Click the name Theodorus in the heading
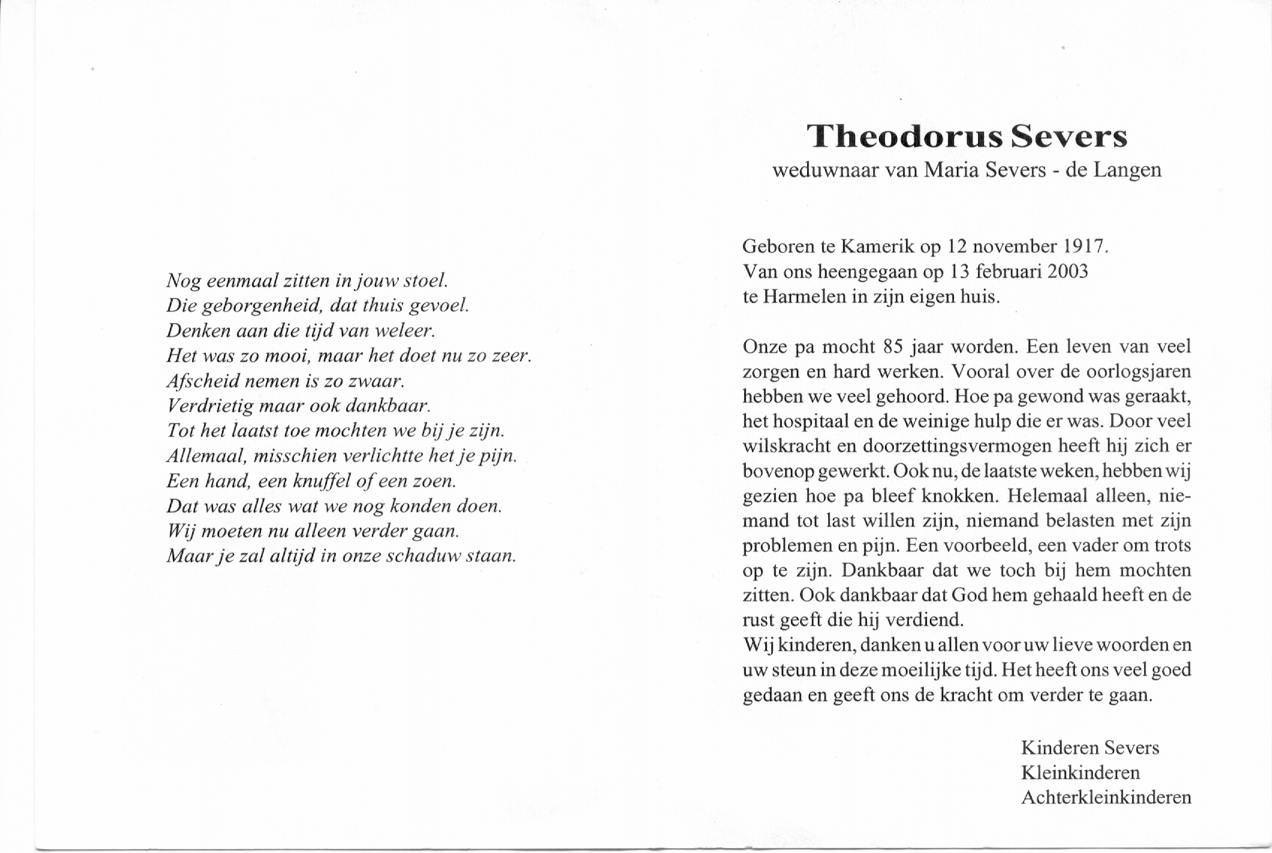click(904, 136)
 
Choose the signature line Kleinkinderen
click(1080, 773)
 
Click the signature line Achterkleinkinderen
click(1106, 798)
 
